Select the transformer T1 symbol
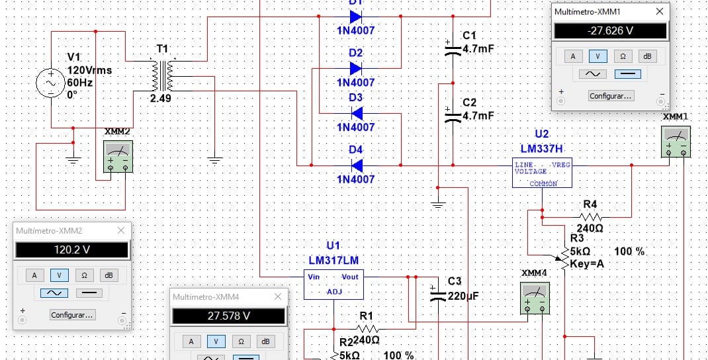[163, 75]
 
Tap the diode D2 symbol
[356, 69]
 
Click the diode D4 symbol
[356, 165]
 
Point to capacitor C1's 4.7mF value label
[478, 49]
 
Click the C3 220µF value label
[463, 296]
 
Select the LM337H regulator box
[542, 173]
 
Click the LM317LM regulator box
[333, 285]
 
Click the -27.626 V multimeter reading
[610, 31]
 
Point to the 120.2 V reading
[72, 249]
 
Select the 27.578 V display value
[228, 316]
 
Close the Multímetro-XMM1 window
[660, 11]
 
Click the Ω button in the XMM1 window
[623, 56]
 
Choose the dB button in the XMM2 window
[109, 275]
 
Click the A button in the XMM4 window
[191, 341]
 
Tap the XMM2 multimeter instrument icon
[118, 156]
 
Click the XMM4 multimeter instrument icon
[535, 298]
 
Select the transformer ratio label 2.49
[161, 97]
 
